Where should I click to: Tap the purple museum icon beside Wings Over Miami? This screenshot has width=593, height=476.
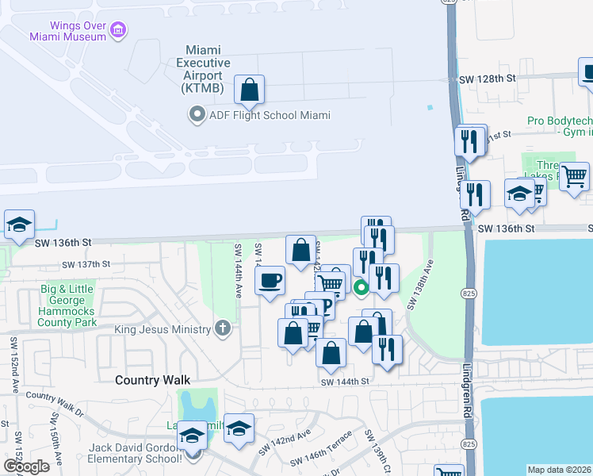point(118,31)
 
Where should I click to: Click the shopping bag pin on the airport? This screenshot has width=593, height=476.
point(250,91)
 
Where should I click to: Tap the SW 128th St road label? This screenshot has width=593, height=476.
point(488,79)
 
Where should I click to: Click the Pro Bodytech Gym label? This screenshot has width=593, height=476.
point(559,127)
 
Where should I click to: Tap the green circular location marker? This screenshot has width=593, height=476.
point(361,288)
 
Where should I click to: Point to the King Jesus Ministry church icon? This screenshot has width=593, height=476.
point(224,328)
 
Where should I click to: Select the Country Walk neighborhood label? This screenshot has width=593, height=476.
point(148,380)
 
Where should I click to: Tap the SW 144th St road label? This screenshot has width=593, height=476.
point(345,382)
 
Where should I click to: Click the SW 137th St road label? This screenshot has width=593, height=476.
point(85,264)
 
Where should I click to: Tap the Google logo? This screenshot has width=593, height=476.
point(26,466)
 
